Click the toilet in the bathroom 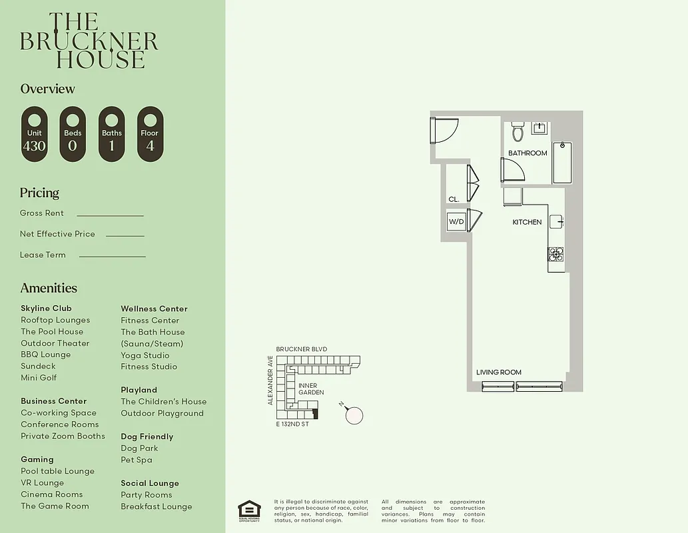517,132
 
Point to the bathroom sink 540,129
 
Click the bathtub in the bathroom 562,163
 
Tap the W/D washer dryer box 456,221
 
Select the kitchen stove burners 555,255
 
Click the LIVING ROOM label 498,372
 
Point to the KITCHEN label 527,222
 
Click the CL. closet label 454,199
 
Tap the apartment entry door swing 444,131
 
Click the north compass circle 355,415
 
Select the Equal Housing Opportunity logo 249,510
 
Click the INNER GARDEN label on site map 311,389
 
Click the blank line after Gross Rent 110,215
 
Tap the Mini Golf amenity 39,378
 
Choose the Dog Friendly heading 147,436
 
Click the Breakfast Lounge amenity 156,506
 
